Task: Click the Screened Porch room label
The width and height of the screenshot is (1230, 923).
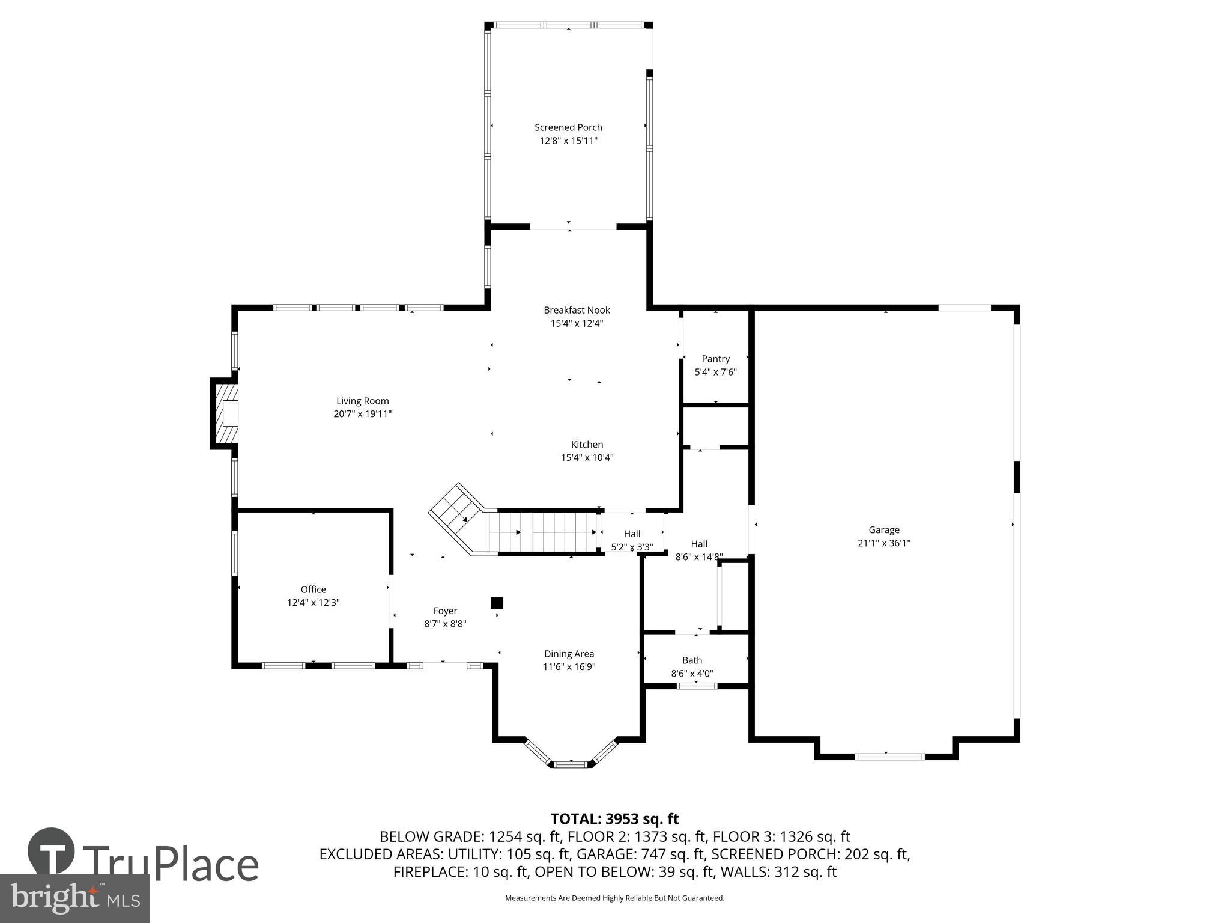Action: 568,127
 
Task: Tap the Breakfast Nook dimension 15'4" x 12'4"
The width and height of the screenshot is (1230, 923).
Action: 577,323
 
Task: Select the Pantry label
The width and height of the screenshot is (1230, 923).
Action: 715,359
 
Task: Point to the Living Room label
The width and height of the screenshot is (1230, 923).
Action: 362,401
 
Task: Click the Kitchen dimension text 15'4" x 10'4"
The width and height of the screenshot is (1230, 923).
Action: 587,457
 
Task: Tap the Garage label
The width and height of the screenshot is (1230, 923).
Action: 883,529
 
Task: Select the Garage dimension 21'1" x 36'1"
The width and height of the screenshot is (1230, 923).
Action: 883,543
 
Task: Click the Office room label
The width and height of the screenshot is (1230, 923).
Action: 313,589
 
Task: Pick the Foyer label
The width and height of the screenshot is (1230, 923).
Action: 445,611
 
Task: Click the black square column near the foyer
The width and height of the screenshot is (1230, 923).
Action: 497,603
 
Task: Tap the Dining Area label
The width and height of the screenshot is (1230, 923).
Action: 569,654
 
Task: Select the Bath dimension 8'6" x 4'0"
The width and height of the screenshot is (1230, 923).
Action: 692,674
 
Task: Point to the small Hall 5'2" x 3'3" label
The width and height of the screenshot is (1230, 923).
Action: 632,534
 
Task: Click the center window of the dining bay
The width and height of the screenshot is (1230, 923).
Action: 570,764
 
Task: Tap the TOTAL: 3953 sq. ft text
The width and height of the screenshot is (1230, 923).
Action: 614,818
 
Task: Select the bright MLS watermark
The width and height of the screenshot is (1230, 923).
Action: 74,898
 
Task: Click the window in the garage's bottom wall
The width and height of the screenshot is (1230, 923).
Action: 889,757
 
